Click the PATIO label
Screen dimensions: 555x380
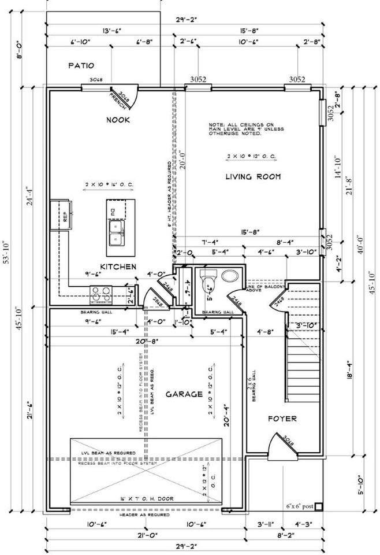click(x=81, y=66)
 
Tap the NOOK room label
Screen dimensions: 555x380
click(x=118, y=120)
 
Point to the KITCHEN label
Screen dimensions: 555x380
click(x=118, y=267)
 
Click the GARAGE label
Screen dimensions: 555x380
click(x=184, y=394)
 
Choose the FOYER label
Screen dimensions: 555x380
click(x=282, y=419)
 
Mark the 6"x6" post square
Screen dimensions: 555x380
click(x=318, y=506)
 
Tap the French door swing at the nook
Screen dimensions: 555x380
click(x=126, y=97)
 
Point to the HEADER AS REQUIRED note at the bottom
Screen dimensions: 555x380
click(x=144, y=514)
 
